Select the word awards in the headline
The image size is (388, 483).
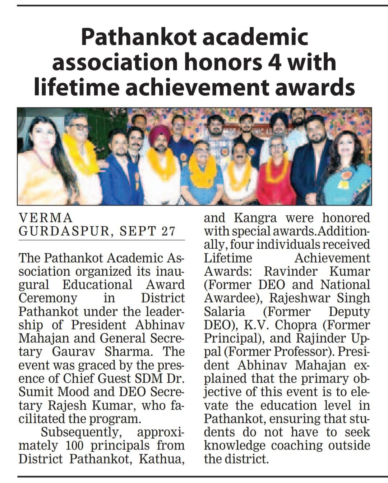coord(315,87)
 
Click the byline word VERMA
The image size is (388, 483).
coord(46,218)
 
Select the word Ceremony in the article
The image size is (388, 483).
coord(48,298)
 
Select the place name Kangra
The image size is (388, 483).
coord(255,218)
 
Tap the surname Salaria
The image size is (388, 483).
coord(224,311)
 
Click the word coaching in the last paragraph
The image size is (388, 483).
coord(297,445)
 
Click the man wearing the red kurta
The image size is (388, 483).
coord(277,176)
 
